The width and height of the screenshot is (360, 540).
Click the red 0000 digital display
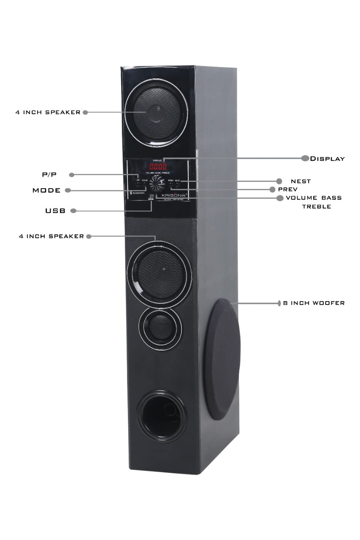click(158, 167)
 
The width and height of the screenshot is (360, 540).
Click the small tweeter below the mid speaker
click(160, 326)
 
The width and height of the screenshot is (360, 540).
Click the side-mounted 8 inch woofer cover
click(222, 359)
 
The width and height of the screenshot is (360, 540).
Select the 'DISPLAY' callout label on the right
click(328, 159)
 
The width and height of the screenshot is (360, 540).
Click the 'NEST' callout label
click(300, 181)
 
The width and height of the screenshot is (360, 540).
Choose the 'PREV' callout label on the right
click(287, 189)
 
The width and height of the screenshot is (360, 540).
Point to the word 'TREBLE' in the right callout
click(316, 207)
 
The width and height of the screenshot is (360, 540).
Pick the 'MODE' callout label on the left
click(46, 191)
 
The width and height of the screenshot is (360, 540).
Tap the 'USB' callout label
click(55, 211)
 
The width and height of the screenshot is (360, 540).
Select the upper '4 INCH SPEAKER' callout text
click(48, 113)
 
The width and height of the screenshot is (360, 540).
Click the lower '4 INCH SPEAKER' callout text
click(51, 236)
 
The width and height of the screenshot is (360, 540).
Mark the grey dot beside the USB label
click(73, 210)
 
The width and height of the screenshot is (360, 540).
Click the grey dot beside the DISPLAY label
click(305, 159)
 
